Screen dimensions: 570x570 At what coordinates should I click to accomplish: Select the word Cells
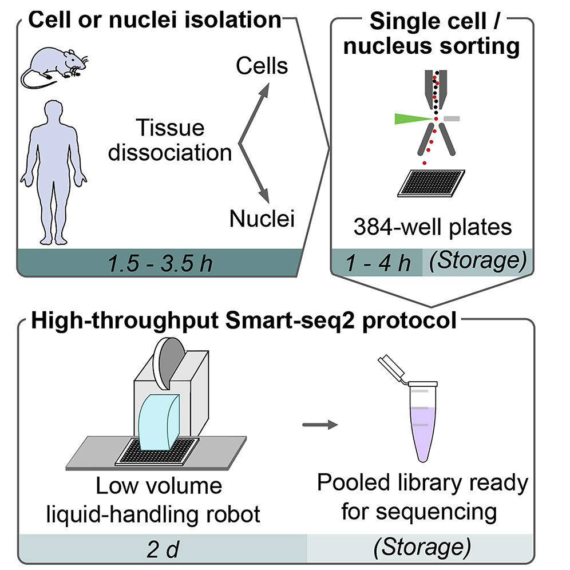(262, 66)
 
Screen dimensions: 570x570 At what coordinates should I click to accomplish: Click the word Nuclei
(262, 218)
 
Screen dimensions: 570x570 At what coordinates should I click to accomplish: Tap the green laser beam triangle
(409, 118)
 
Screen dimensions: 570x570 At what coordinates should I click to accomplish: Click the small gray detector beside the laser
(452, 118)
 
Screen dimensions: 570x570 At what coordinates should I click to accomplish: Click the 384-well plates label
(433, 227)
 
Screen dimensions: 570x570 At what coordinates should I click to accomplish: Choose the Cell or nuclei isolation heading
(155, 21)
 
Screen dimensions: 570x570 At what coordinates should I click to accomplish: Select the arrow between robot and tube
(320, 424)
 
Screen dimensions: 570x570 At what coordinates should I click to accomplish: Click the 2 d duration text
(163, 548)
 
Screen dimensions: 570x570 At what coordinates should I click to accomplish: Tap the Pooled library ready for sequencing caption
(422, 497)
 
